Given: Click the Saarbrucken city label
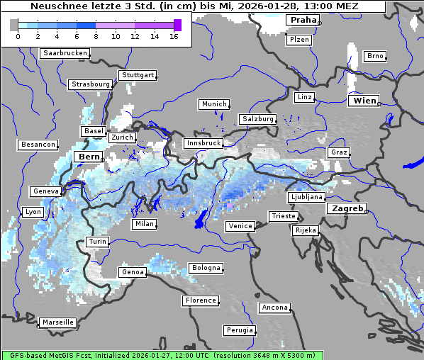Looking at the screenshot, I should click(65, 53).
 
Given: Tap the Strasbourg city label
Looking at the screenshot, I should click(91, 84).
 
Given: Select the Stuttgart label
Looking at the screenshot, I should click(138, 75).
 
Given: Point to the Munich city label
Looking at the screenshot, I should click(214, 104).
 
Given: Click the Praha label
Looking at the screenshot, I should click(303, 20).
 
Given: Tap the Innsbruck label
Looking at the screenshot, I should click(203, 143).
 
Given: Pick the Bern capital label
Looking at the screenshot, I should click(89, 157).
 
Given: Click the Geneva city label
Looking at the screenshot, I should click(46, 191).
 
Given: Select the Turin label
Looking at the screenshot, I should click(98, 242).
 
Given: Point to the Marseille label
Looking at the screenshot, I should click(58, 322).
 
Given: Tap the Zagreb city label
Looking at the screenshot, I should click(347, 208).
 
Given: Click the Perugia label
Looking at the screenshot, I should click(239, 330).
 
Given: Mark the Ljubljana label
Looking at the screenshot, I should click(306, 197).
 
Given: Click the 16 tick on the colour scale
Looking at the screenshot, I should click(174, 36).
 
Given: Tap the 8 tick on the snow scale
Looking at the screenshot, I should click(96, 36).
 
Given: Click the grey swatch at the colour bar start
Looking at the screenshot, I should click(14, 25).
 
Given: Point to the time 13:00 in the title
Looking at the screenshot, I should click(318, 6).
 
